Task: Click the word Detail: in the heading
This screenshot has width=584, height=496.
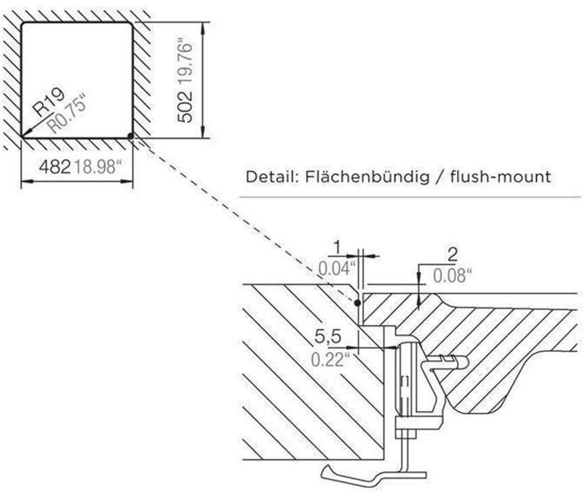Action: (x=272, y=178)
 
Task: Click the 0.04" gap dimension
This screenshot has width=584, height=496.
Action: (x=337, y=268)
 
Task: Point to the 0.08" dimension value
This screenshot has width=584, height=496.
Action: (x=452, y=275)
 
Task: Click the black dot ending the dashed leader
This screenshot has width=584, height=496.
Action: (x=356, y=303)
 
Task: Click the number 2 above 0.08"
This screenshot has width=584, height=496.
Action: (x=452, y=255)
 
